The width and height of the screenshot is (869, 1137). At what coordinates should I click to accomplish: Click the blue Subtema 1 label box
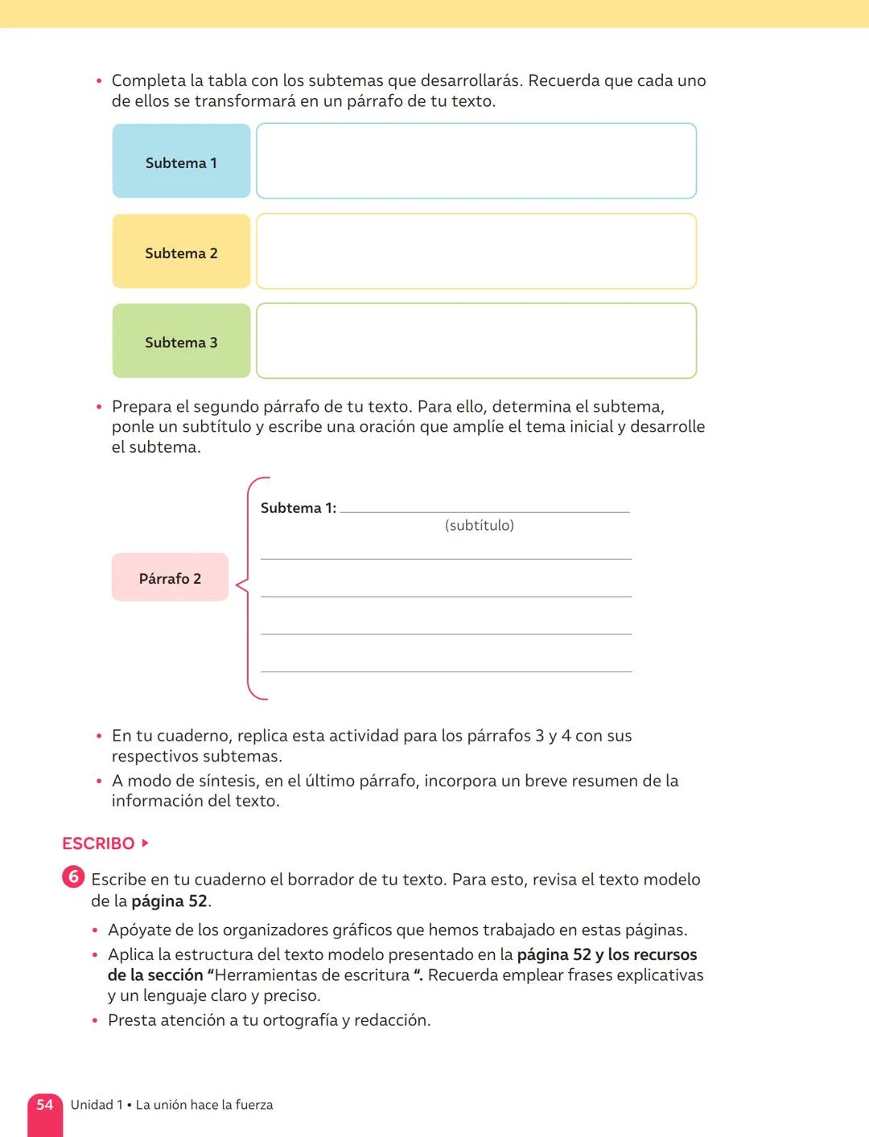point(181,162)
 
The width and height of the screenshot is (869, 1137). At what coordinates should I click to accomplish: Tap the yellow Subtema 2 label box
point(181,252)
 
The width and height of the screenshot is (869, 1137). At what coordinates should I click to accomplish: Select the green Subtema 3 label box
point(181,341)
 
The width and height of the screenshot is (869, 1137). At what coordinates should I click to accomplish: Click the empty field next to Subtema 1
point(476,161)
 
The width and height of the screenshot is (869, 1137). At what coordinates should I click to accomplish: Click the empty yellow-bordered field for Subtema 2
point(476,251)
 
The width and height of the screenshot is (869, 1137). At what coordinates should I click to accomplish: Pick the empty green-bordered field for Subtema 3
point(476,341)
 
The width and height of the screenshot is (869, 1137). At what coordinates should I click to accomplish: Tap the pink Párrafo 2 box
point(170,577)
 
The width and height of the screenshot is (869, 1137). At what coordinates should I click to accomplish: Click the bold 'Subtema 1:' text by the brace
point(298,508)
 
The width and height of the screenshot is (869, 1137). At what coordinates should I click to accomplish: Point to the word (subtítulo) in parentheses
point(479,526)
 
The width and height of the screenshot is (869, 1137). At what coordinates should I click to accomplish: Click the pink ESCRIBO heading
point(98,844)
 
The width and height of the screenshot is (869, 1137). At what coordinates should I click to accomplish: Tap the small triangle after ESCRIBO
point(145,844)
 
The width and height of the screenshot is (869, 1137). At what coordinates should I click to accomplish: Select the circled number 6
point(73,877)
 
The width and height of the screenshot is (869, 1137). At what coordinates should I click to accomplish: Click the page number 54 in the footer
point(45,1105)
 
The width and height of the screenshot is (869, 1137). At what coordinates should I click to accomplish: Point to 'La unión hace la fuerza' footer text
point(204,1106)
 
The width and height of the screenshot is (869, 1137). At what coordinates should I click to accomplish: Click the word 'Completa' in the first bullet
point(148,81)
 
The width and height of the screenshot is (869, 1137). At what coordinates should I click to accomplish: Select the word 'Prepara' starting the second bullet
point(142,407)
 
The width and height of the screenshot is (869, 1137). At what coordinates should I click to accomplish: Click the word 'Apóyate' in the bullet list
point(138,930)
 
